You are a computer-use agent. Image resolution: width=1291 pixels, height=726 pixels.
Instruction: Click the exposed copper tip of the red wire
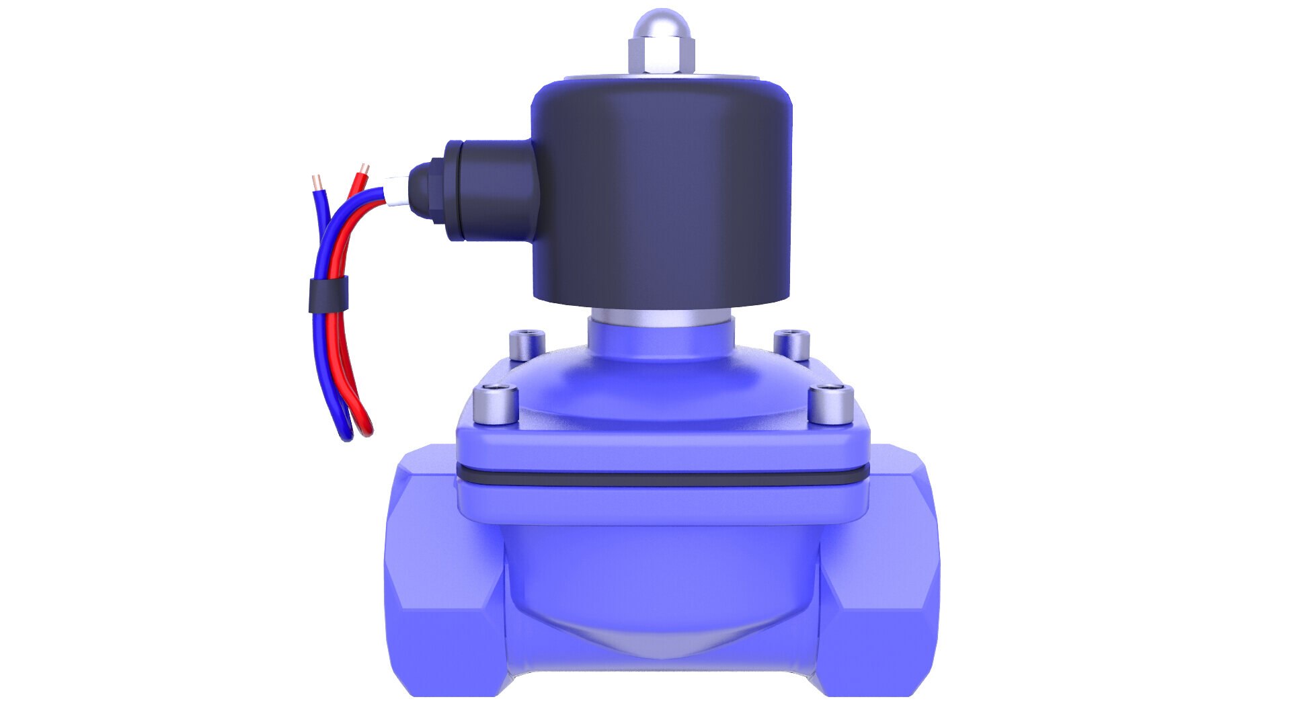click(364, 167)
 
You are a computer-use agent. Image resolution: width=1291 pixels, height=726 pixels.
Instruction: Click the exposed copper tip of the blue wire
click(317, 182)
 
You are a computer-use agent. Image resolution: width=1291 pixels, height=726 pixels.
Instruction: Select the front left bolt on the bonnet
click(496, 407)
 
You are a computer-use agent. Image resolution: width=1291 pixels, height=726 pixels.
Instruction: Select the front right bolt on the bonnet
click(831, 405)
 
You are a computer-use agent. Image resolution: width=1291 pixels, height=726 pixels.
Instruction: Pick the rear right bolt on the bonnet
click(791, 344)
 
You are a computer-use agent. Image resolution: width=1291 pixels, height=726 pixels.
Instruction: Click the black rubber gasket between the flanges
click(662, 479)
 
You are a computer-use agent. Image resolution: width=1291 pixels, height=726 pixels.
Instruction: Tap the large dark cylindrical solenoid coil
click(662, 195)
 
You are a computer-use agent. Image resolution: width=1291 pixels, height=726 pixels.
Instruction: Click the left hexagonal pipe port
click(440, 571)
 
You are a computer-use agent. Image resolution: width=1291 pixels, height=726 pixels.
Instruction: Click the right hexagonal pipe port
click(881, 571)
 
